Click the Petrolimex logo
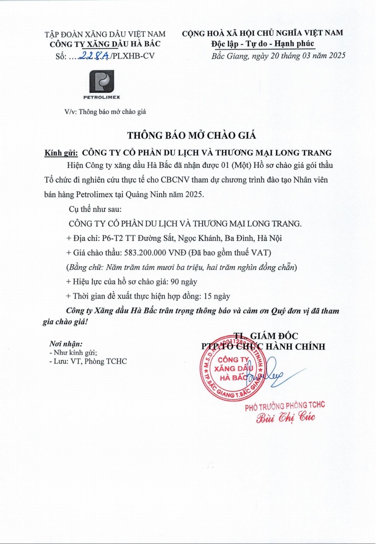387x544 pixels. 101,83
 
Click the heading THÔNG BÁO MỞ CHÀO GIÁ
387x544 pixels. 192,135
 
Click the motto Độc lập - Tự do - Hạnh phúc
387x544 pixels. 263,44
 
